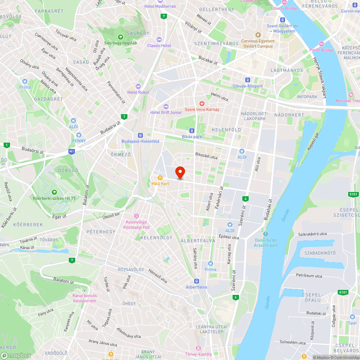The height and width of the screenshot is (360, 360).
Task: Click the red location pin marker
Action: pos(180,172)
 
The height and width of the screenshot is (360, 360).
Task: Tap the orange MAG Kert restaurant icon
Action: pos(160,177)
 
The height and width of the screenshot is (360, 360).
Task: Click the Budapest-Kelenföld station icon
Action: pos(140,135)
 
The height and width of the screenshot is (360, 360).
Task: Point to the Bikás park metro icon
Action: pos(192,131)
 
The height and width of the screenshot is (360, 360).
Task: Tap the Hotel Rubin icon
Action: pos(138,86)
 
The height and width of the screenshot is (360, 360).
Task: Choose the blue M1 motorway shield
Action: pos(72,152)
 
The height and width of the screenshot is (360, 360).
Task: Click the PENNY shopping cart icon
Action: pos(79,135)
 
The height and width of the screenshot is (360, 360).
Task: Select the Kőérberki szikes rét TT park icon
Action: pos(54,192)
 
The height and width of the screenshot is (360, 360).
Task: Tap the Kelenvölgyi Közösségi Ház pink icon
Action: pos(136,216)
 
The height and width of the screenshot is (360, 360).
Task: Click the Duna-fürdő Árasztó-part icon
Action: pos(266,234)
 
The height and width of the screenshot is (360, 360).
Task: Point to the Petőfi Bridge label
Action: pos(321,50)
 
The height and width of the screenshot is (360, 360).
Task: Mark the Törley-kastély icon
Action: pos(198,348)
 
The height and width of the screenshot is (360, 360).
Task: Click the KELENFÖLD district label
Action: pos(226,130)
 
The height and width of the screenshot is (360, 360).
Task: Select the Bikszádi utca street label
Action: pos(206,157)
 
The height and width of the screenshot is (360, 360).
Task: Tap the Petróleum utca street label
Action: pos(309,275)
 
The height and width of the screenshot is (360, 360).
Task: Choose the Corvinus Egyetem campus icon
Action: pos(258,35)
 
